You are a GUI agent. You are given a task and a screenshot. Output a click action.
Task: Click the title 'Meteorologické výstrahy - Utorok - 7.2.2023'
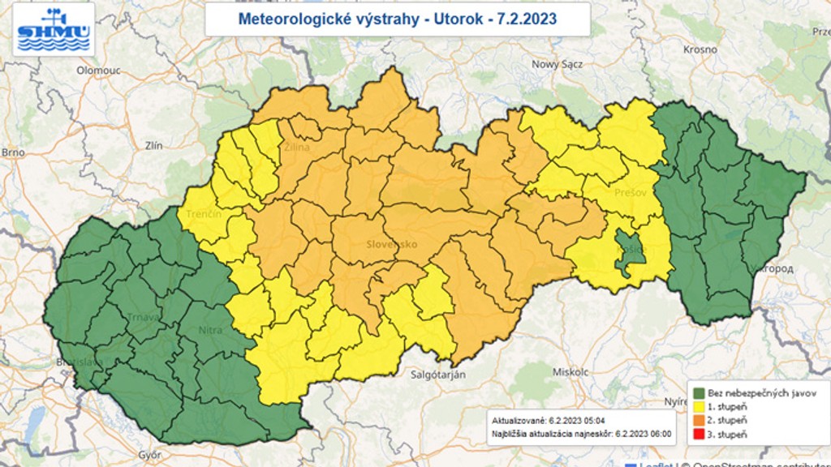397,19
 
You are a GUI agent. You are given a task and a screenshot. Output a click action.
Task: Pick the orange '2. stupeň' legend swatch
699,420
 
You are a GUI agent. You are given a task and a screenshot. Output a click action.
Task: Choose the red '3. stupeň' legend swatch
699,435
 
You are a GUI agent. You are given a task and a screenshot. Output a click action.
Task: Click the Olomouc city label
98,71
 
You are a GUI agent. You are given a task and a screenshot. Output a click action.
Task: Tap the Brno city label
14,152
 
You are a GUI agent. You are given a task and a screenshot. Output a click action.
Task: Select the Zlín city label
153,146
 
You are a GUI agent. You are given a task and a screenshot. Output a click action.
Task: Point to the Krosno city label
700,49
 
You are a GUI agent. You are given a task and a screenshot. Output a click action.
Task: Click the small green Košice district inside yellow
630,250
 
